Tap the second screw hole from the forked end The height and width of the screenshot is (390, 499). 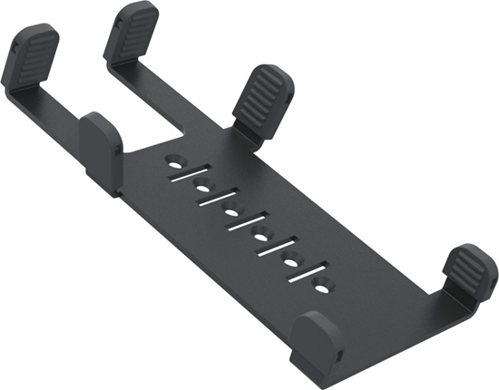click(203, 190)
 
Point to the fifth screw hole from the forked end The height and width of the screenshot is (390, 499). click(293, 262)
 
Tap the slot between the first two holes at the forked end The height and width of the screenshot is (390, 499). click(190, 177)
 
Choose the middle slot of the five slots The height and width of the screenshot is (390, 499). click(248, 226)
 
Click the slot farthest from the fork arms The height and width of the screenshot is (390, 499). click(308, 275)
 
